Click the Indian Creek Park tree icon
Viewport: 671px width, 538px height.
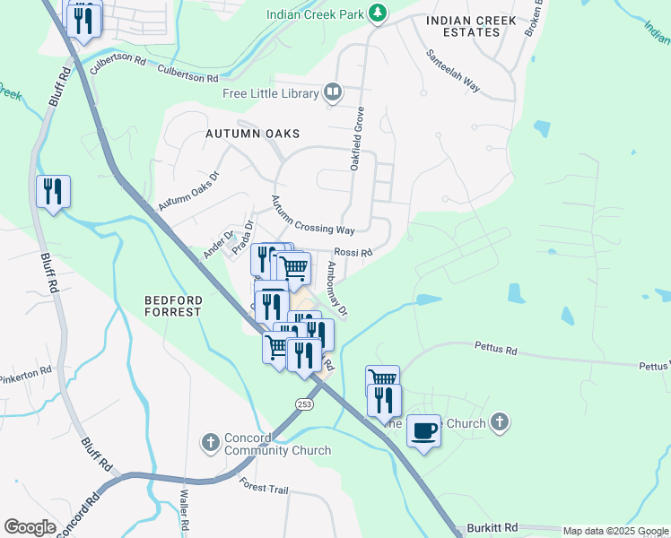(x=379, y=13)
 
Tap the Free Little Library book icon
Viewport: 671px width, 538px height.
(x=333, y=92)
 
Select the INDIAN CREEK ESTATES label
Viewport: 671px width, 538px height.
(x=472, y=26)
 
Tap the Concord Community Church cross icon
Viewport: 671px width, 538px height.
(x=210, y=441)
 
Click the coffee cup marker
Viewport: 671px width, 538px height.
(x=423, y=431)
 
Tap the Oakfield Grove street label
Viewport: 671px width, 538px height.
(x=357, y=138)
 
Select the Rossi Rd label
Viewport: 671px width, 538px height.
(x=353, y=253)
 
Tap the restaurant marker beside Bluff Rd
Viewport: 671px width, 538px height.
(x=53, y=191)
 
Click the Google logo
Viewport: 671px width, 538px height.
(x=30, y=527)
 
